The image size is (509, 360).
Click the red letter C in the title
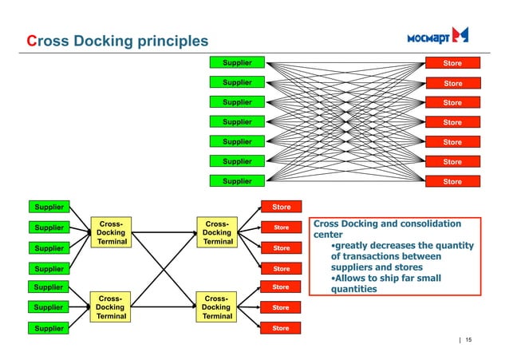[32, 41]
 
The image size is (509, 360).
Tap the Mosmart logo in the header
[437, 36]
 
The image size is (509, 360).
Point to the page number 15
[468, 342]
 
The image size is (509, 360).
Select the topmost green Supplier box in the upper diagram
[236, 62]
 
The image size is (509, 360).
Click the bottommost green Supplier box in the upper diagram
[236, 181]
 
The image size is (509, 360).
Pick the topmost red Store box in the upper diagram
[452, 63]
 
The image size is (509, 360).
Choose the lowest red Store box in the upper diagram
[452, 181]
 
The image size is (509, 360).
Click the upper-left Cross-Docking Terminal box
[112, 233]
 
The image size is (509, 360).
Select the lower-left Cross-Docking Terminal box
[112, 307]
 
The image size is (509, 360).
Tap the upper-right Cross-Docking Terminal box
[216, 233]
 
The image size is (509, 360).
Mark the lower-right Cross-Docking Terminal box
[216, 307]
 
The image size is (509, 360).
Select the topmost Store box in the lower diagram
[282, 207]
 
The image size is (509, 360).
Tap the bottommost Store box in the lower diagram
[282, 328]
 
